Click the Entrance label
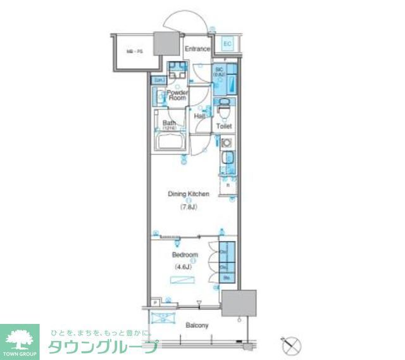tap(197, 48)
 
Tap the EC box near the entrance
tap(228, 44)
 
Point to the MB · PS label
tap(132, 51)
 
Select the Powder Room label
tap(177, 95)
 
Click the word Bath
tap(168, 123)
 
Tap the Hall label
tap(200, 116)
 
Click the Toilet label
tap(224, 127)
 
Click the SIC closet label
tap(220, 71)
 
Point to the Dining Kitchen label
tap(188, 194)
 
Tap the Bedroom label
tap(184, 255)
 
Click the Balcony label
tap(197, 326)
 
